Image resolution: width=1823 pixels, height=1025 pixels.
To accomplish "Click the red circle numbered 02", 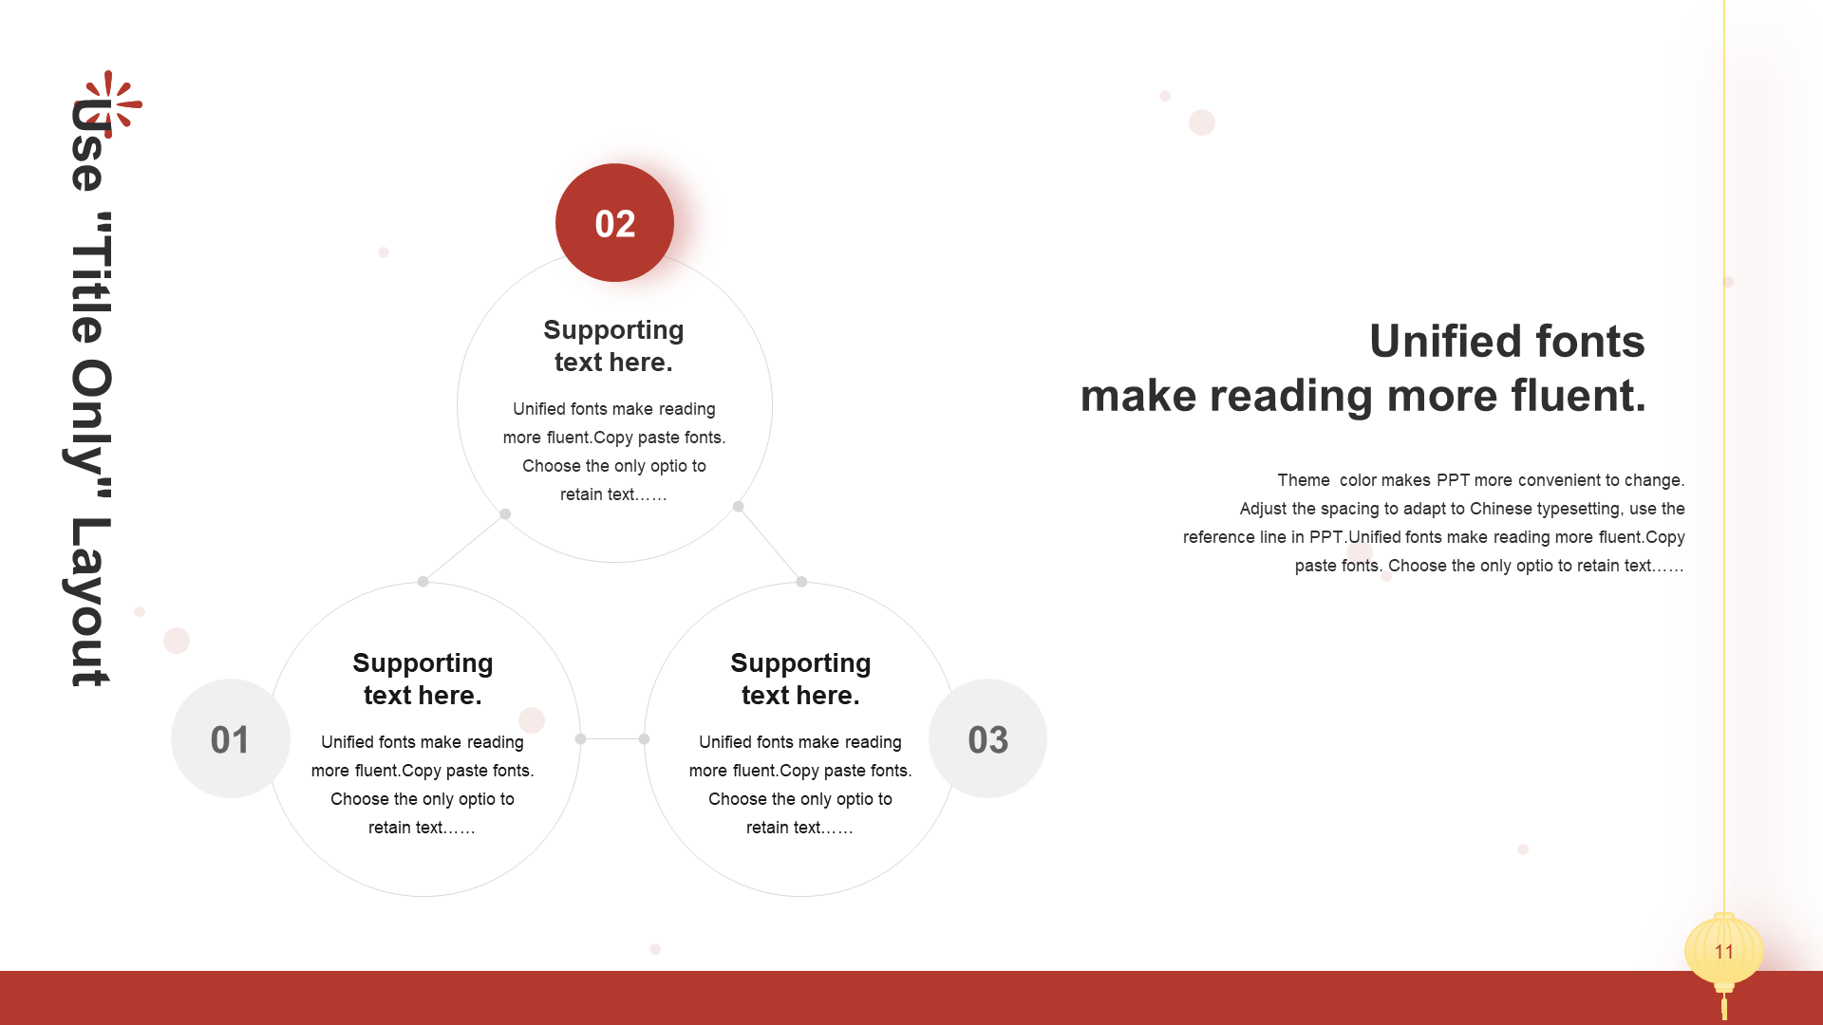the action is click(x=614, y=223).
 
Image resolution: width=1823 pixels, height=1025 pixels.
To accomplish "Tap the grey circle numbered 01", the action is click(x=231, y=738).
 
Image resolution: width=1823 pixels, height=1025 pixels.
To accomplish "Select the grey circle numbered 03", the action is click(x=987, y=738).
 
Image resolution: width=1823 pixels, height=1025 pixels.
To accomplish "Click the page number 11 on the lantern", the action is click(x=1724, y=952).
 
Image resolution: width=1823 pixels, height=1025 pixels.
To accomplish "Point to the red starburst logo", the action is click(x=108, y=103).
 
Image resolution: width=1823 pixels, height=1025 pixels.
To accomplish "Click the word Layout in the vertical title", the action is click(x=91, y=602).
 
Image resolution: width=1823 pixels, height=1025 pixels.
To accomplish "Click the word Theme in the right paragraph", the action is click(x=1304, y=480).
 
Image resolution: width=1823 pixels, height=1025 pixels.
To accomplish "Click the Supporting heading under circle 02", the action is click(x=613, y=329).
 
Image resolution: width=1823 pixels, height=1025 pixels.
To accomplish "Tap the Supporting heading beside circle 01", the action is click(x=423, y=662).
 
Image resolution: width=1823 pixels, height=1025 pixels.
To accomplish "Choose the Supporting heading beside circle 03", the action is click(x=800, y=662).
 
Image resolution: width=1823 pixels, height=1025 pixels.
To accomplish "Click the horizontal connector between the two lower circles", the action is click(x=612, y=738).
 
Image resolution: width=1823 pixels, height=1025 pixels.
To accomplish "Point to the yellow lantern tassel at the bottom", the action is click(x=1724, y=1006).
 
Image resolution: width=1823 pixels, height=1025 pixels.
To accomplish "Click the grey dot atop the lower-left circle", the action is click(x=423, y=582).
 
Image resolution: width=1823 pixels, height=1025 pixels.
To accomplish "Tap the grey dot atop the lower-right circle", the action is click(x=801, y=582).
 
